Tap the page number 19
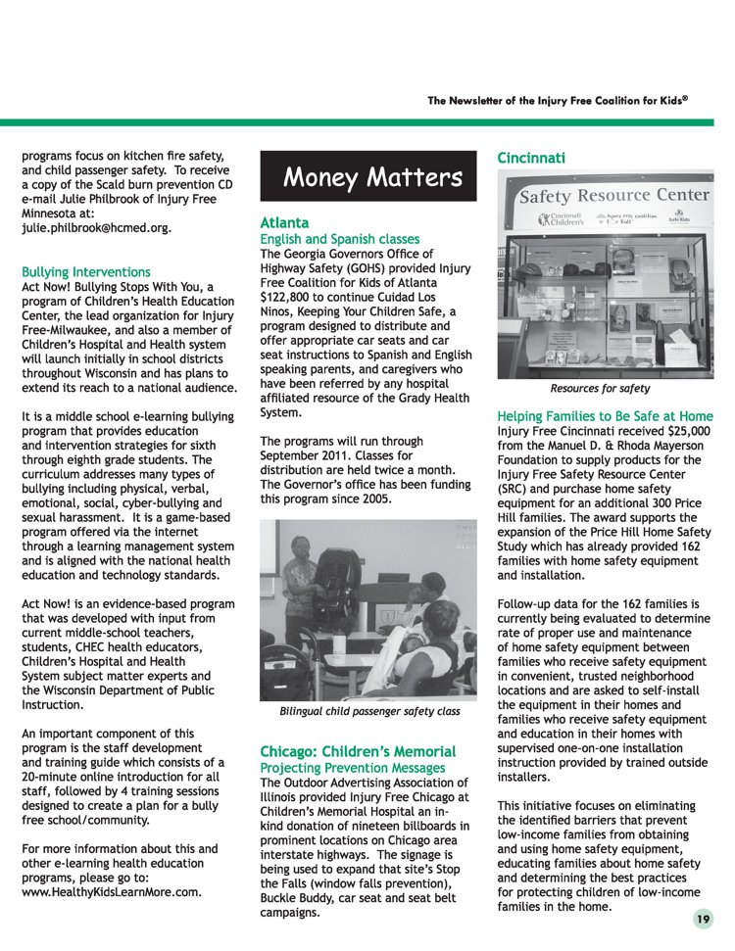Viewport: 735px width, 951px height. tap(703, 919)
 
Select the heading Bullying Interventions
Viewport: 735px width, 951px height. tap(86, 271)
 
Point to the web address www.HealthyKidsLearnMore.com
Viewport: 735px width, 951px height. tap(112, 892)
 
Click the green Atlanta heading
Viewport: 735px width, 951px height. tap(284, 223)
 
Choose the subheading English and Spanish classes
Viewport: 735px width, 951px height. tap(339, 239)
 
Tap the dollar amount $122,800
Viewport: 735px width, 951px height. tap(291, 297)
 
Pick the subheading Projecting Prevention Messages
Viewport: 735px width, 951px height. tap(353, 767)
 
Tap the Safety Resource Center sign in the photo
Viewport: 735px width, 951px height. tap(613, 195)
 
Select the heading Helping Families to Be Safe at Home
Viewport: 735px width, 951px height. tap(605, 415)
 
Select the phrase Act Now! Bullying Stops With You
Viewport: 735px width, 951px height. tap(116, 287)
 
